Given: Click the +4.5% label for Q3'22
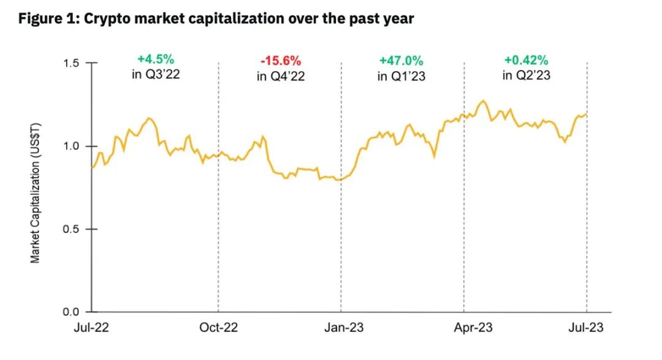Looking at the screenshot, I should [156, 59].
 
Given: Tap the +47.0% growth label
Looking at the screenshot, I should [401, 61].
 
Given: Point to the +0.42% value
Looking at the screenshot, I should [526, 60].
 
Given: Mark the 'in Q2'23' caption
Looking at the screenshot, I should [526, 76].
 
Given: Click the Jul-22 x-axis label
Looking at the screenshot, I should [93, 327].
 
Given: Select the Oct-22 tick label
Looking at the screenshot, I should [218, 327].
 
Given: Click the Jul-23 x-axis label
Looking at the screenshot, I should [587, 327].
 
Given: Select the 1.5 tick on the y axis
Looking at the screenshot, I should [72, 63].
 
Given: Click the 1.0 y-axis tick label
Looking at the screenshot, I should [72, 146].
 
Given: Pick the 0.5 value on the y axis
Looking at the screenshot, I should [72, 229].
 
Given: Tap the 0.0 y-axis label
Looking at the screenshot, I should [72, 312].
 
